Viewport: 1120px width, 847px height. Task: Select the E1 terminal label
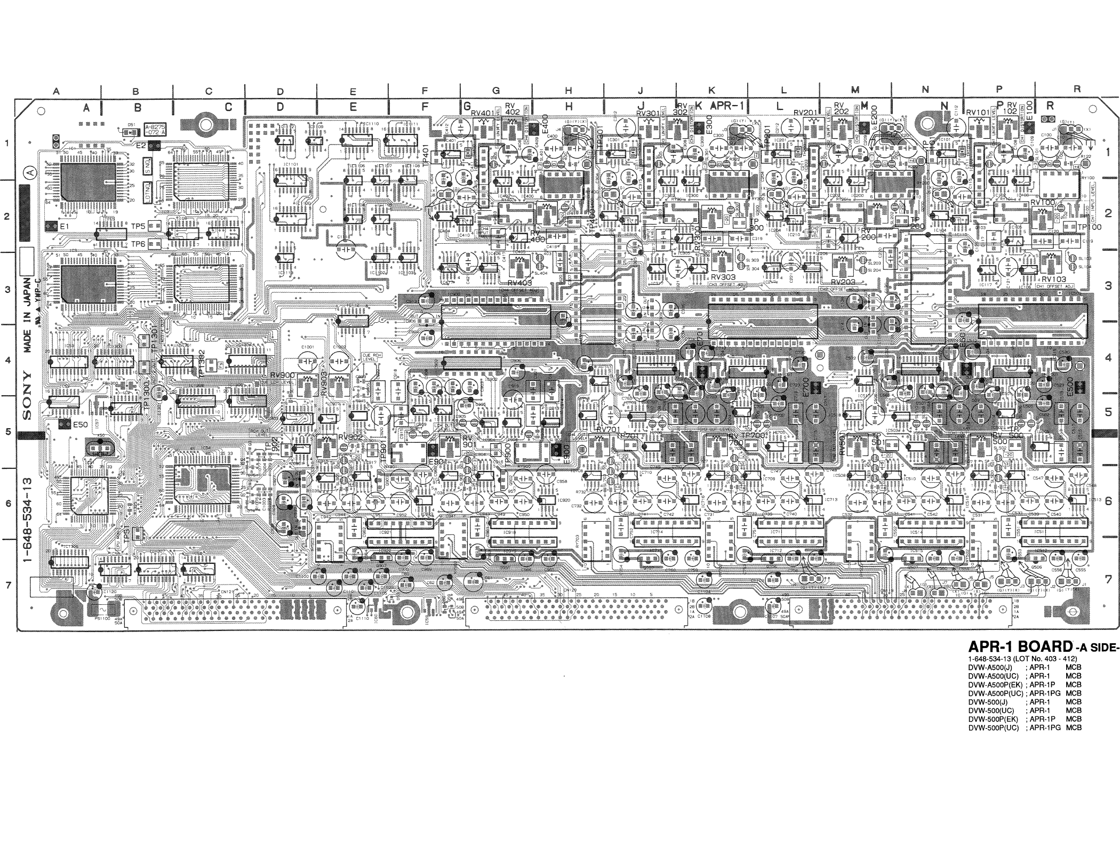coord(66,227)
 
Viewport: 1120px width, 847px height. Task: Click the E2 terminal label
coord(141,145)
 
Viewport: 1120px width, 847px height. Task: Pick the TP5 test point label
coord(138,226)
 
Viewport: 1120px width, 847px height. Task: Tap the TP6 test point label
coord(138,244)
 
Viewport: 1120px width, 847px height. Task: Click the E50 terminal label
coord(81,425)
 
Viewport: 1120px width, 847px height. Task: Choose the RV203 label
coord(843,282)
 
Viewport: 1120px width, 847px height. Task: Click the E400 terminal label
coord(545,124)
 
